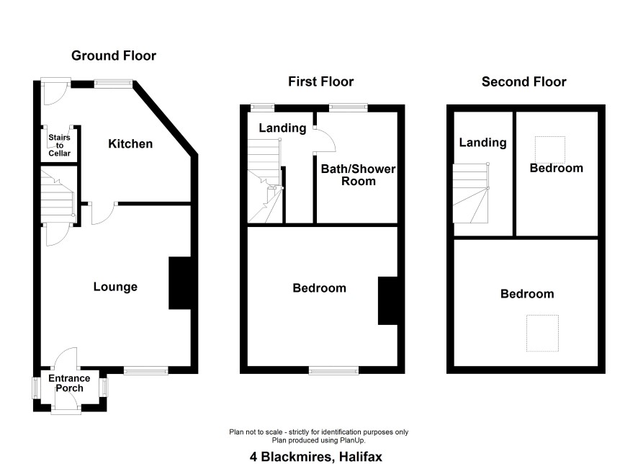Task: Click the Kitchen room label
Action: tap(130, 143)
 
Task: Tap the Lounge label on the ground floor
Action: tap(115, 287)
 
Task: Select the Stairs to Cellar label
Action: tap(59, 146)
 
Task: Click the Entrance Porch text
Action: tap(69, 383)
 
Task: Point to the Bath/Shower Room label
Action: tap(358, 175)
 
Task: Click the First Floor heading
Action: tap(320, 81)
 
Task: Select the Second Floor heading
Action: tap(524, 82)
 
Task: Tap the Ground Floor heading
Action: tap(114, 55)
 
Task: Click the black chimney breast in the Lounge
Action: tap(180, 283)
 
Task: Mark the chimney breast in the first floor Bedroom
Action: tap(388, 300)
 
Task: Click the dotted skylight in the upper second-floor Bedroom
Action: tap(549, 150)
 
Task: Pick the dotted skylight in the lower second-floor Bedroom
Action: tap(542, 333)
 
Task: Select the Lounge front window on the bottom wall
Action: tap(146, 370)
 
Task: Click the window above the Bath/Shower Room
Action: tap(349, 108)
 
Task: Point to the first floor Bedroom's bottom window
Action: tap(334, 370)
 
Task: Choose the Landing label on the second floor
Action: tap(483, 143)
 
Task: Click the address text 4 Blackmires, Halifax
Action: tap(316, 457)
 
